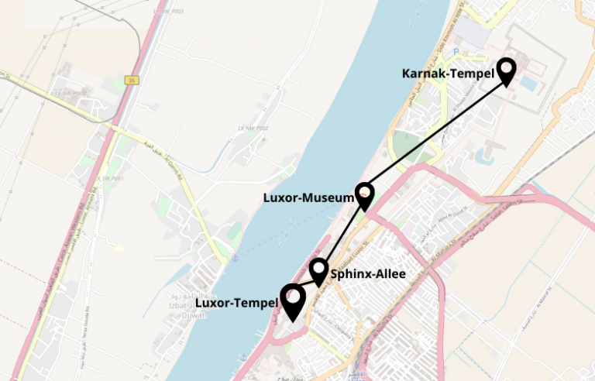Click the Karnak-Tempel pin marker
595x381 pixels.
point(507,70)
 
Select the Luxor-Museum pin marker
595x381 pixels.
point(365,194)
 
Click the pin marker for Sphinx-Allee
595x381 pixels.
point(318,270)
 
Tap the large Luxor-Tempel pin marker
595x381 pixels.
point(292,300)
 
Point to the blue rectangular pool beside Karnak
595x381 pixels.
point(528,82)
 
